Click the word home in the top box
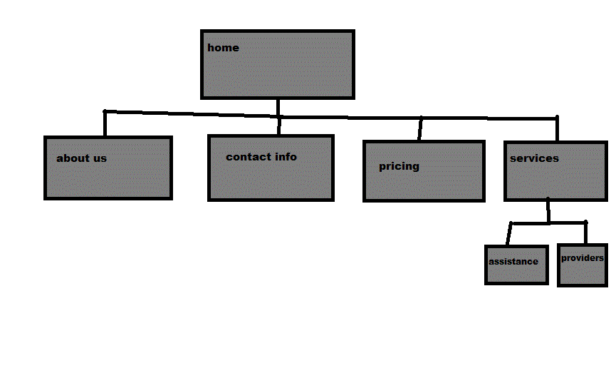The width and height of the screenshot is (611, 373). [223, 48]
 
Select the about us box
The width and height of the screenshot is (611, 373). [108, 178]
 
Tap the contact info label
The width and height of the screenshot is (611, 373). [261, 157]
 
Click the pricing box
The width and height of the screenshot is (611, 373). [424, 182]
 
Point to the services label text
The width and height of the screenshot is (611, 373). [534, 158]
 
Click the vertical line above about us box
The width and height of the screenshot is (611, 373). [105, 124]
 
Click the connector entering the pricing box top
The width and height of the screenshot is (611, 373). [420, 130]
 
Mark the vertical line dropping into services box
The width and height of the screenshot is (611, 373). [557, 130]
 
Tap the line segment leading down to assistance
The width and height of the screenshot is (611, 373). [509, 235]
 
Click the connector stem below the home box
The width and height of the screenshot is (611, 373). [278, 107]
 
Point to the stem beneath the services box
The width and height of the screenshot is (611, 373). [548, 211]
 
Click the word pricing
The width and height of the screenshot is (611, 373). [399, 166]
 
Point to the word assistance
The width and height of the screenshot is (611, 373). [513, 262]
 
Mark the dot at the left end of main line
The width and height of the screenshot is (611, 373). [105, 111]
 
